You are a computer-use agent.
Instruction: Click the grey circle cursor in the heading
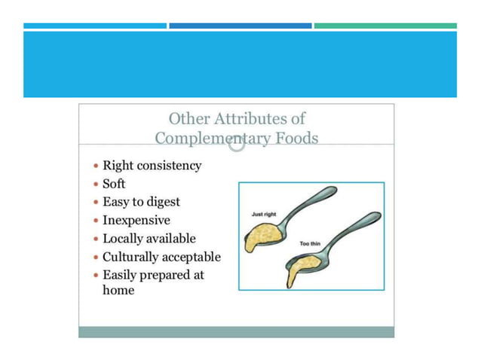(x=237, y=143)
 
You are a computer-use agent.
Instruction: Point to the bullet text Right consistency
(x=152, y=166)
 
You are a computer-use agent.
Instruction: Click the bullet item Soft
(x=114, y=184)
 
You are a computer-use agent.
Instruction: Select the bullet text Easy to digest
(x=141, y=202)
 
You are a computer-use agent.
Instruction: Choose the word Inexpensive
(x=136, y=221)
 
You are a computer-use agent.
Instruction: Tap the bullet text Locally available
(x=149, y=239)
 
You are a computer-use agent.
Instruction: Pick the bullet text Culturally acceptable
(x=161, y=257)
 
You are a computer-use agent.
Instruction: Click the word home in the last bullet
(x=118, y=290)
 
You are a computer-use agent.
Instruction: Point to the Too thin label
(x=310, y=244)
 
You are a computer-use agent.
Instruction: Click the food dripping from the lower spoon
(x=294, y=274)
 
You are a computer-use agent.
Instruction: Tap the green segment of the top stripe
(x=384, y=26)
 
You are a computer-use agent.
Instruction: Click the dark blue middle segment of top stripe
(x=240, y=26)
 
